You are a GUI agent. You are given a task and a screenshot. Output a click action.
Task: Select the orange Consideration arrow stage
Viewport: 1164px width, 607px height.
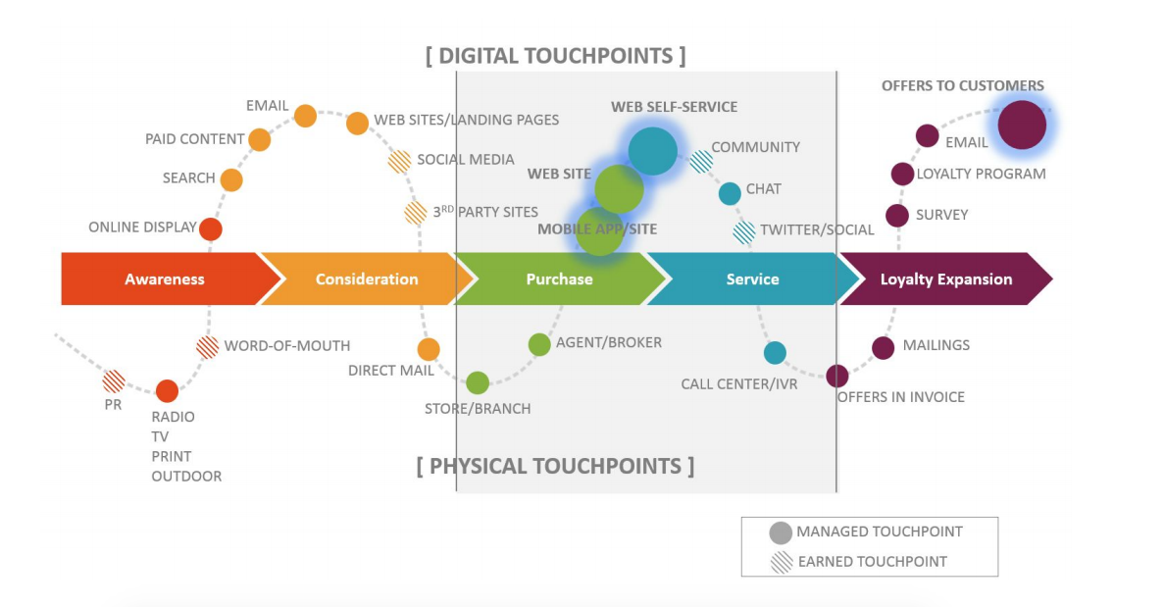[x=366, y=279]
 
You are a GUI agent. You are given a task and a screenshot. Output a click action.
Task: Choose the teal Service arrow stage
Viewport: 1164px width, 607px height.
[x=752, y=279]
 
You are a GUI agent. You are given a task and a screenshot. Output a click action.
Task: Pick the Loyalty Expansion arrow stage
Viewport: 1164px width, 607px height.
[x=945, y=279]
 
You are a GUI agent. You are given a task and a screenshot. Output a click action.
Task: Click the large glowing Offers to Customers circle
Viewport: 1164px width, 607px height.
[x=1022, y=126]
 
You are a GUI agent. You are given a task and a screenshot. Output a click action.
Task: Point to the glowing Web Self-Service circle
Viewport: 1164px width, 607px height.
[x=652, y=151]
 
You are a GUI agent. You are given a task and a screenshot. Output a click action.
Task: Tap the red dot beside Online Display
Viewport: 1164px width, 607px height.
[x=211, y=229]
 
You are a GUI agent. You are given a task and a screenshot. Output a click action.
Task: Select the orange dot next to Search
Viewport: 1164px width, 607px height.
[x=231, y=179]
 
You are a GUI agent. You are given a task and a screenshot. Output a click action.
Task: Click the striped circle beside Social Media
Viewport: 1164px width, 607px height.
[x=399, y=161]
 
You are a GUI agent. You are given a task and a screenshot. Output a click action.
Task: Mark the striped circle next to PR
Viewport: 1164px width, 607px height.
[x=114, y=380]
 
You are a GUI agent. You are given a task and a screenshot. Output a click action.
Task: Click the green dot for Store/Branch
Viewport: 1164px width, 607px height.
[x=478, y=382]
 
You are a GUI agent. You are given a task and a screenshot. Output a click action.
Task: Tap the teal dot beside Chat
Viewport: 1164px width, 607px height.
[x=730, y=193]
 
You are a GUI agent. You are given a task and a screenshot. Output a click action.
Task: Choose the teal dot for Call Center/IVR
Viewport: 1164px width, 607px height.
[x=775, y=353]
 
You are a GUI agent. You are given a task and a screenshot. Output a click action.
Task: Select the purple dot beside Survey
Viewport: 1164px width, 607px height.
[x=897, y=216]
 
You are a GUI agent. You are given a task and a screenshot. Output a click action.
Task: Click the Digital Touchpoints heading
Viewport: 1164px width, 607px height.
[x=556, y=56]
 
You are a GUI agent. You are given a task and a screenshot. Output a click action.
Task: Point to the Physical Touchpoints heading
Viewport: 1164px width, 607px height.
[x=555, y=465]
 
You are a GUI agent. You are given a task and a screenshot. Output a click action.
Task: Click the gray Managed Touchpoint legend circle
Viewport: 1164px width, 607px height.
[x=781, y=532]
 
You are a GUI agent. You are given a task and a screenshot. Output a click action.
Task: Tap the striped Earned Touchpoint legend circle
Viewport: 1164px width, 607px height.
[x=781, y=562]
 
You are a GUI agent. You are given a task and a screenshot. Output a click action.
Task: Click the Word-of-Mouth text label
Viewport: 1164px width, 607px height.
[x=286, y=345]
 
